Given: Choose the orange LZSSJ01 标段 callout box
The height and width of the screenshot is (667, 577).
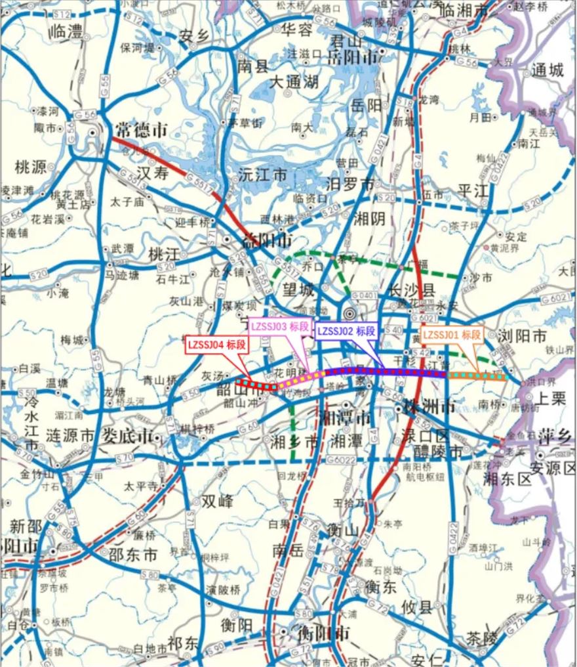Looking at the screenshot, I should (452, 335).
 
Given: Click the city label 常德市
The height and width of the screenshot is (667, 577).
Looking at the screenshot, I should (141, 129).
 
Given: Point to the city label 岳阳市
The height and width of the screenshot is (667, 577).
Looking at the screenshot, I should (353, 58).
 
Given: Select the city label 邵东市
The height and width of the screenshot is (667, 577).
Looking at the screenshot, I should (133, 555).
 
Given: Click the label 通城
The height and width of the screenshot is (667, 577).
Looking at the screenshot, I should (547, 70).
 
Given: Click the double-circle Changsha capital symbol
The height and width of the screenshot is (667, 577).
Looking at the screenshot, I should (351, 313).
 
